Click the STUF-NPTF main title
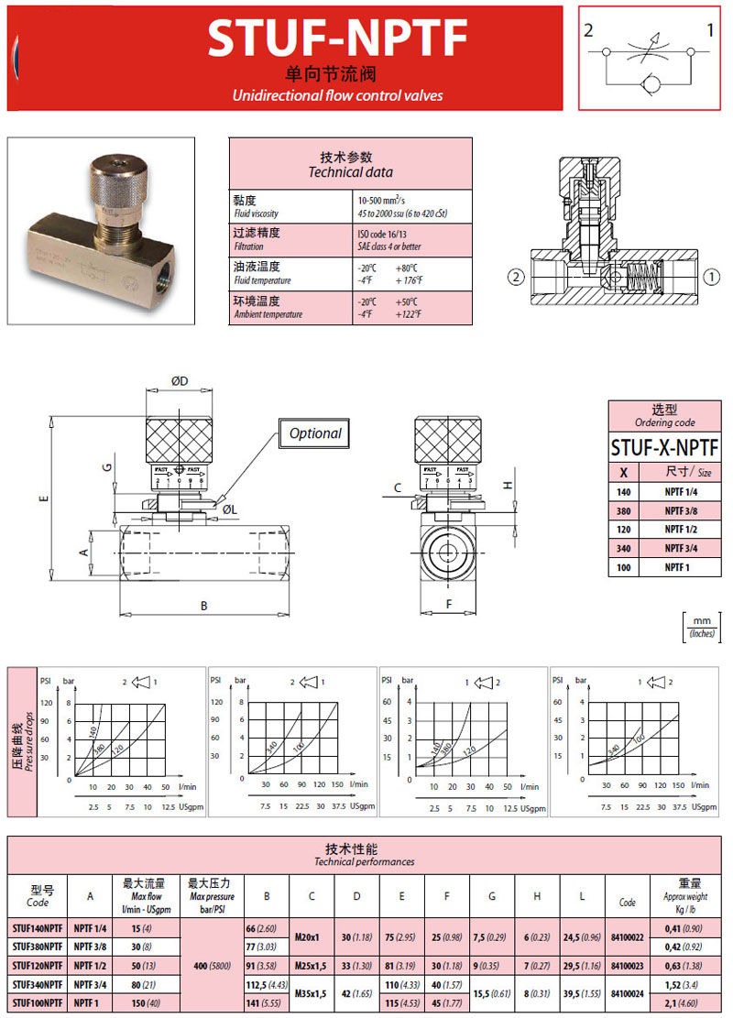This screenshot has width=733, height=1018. tap(337, 38)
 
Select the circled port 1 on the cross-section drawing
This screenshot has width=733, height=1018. tap(710, 275)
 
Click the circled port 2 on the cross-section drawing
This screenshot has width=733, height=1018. tap(517, 275)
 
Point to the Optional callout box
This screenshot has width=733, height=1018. tap(314, 433)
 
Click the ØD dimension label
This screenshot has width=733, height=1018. tap(179, 380)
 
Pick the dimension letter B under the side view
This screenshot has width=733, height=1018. tap(204, 606)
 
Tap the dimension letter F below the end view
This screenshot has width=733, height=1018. tap(449, 605)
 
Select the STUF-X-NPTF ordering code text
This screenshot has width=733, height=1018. tap(665, 447)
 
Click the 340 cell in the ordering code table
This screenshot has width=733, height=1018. tap(624, 548)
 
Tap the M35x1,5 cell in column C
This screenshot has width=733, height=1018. tap(312, 995)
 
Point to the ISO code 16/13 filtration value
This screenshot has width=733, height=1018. tap(383, 234)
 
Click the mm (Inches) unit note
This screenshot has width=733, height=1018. tap(703, 627)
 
